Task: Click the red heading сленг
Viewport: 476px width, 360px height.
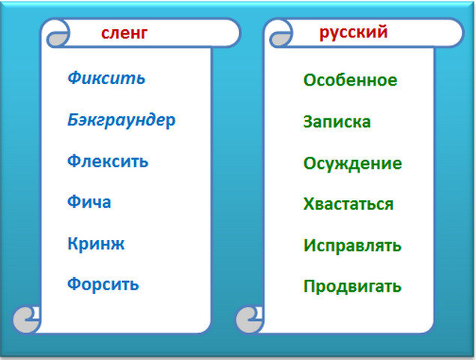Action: (124, 32)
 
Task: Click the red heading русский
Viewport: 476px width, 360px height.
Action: (353, 32)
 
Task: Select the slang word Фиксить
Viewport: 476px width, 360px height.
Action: (106, 78)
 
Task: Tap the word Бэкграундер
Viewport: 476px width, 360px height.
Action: (121, 120)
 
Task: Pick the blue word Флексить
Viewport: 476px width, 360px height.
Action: (107, 160)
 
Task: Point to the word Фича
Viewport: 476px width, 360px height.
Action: (88, 202)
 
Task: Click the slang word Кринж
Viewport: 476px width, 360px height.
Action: (95, 244)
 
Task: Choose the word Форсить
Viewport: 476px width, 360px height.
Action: (103, 285)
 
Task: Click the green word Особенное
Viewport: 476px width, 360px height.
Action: (350, 79)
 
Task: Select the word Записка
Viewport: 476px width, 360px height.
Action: (337, 121)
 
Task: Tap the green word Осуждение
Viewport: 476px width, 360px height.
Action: (352, 163)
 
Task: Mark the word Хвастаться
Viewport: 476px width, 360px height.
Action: (348, 204)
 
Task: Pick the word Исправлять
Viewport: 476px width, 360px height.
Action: (352, 245)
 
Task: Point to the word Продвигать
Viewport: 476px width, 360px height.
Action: (352, 286)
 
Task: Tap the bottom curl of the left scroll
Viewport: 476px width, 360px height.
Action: (27, 320)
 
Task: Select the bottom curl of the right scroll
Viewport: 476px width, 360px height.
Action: (250, 320)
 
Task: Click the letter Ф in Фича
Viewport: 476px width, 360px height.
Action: (73, 202)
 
